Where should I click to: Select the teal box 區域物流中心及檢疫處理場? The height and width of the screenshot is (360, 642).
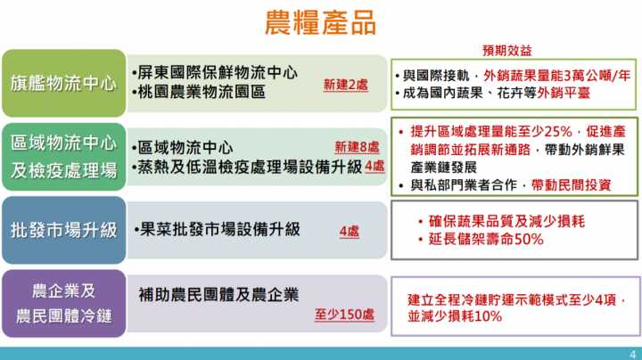(x=63, y=156)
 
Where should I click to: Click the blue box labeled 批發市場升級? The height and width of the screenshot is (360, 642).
(x=63, y=230)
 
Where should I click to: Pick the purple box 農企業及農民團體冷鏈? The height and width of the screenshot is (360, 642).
(x=63, y=304)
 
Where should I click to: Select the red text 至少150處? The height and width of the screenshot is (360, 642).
(x=344, y=315)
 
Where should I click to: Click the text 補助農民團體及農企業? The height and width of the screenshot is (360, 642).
(x=218, y=293)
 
